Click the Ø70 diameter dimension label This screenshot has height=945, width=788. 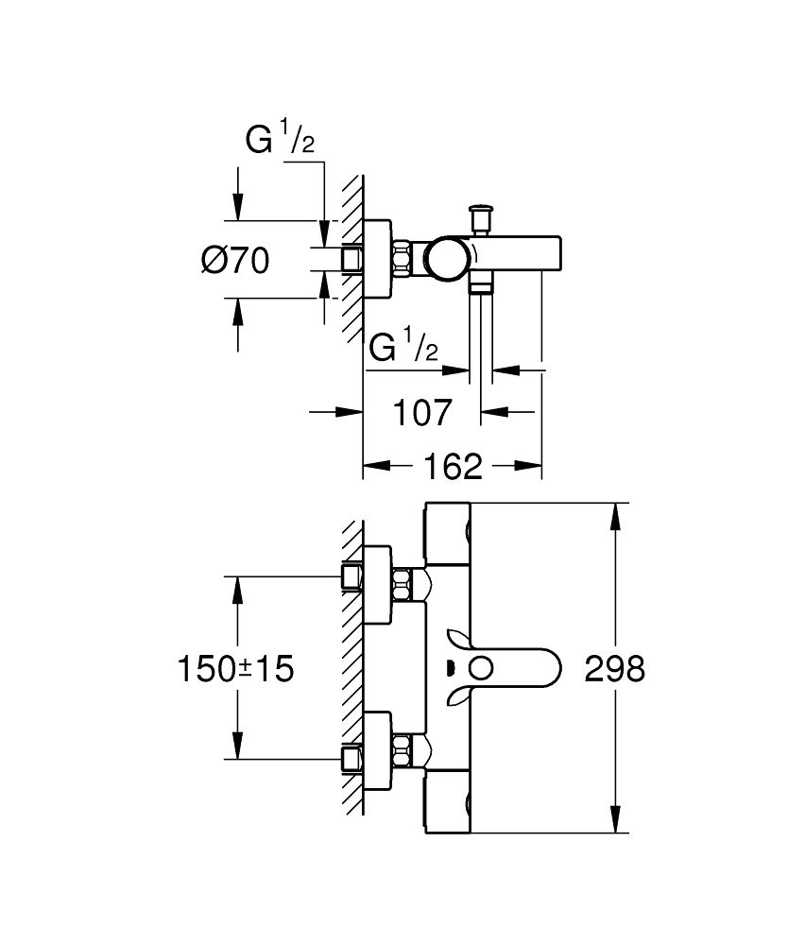pyautogui.click(x=235, y=259)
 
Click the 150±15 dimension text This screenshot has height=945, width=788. pyautogui.click(x=236, y=669)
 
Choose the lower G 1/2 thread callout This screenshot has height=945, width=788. pyautogui.click(x=403, y=349)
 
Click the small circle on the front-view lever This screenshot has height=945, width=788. pyautogui.click(x=480, y=669)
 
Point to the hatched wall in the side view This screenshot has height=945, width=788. pyautogui.click(x=352, y=255)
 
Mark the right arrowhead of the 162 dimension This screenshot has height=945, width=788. pyautogui.click(x=532, y=465)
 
